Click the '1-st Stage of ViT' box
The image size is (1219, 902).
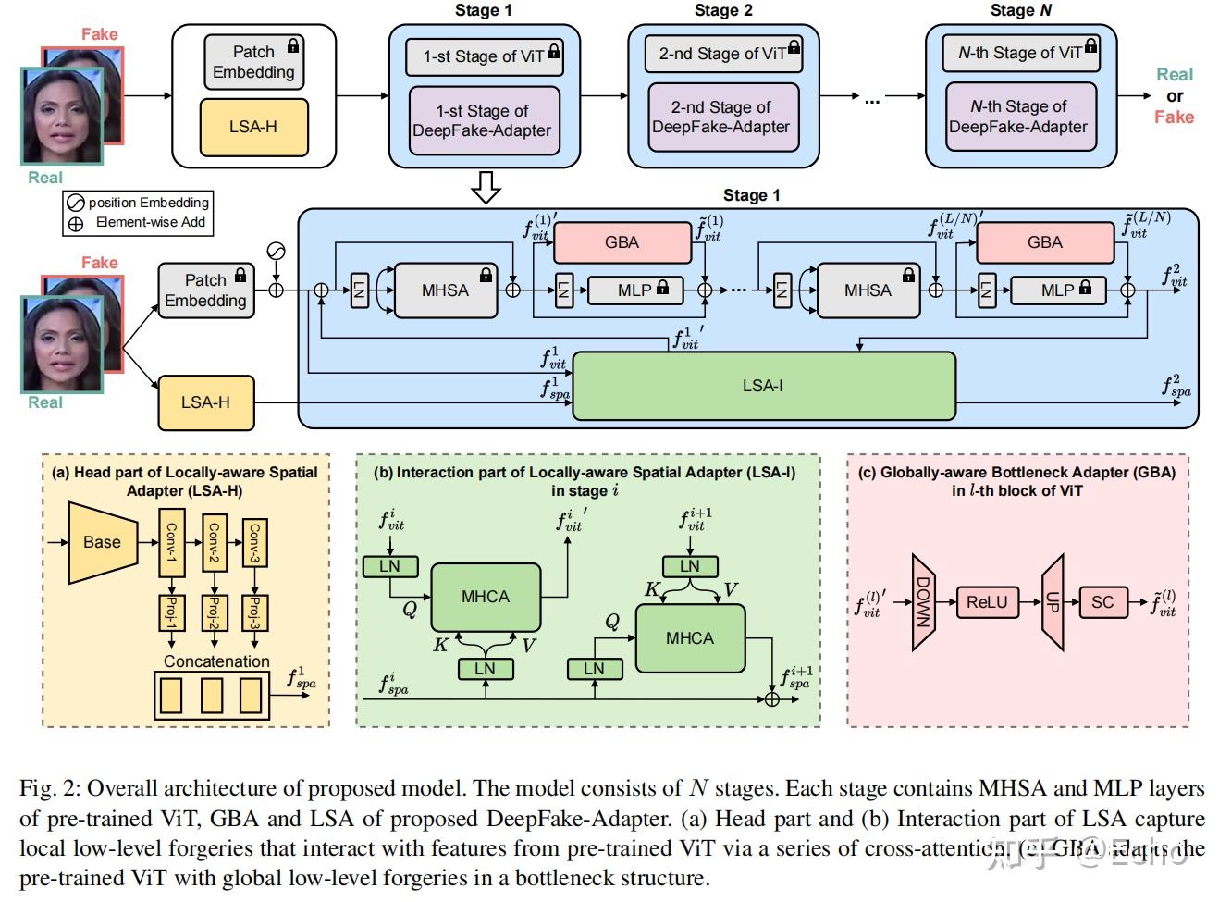point(484,56)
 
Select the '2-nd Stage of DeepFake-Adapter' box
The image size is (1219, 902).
point(720,117)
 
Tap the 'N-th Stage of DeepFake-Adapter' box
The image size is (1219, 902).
point(1018,117)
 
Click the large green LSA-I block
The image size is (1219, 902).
point(763,386)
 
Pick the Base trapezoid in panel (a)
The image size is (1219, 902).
point(102,542)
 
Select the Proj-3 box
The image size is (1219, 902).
point(255,613)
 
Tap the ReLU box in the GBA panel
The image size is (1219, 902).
point(987,602)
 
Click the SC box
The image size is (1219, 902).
point(1102,602)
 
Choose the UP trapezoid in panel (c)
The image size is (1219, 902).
point(1053,603)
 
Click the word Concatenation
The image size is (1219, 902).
point(216,661)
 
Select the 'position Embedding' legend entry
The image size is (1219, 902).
point(138,203)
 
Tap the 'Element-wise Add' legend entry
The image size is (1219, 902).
point(138,222)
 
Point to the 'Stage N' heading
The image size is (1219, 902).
point(1020,10)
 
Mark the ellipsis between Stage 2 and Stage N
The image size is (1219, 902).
point(872,98)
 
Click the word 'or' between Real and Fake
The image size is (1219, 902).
point(1175,96)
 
